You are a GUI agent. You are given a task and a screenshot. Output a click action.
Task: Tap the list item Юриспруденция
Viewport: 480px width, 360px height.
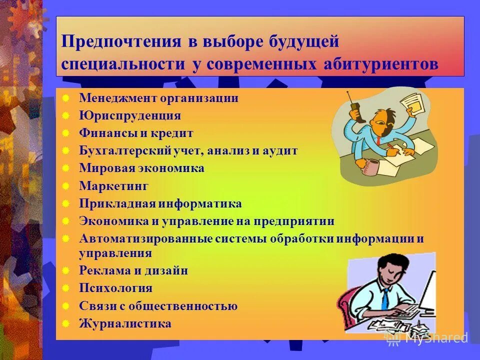(129, 116)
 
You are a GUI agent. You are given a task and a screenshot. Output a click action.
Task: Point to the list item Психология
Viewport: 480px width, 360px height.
(115, 288)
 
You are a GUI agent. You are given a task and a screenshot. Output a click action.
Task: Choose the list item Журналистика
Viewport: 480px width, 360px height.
(125, 323)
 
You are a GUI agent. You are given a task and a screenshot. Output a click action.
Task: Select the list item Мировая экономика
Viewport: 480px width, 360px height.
(141, 168)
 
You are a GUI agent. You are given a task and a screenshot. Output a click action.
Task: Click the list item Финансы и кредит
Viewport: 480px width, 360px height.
(136, 133)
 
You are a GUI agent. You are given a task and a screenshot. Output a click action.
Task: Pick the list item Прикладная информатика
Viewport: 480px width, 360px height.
(160, 204)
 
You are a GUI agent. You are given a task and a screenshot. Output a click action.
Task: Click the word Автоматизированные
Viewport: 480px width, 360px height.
(146, 238)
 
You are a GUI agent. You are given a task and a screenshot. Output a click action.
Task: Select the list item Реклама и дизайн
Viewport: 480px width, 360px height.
(133, 270)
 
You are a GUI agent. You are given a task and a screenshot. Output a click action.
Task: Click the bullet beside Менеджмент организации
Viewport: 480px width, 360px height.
(65, 98)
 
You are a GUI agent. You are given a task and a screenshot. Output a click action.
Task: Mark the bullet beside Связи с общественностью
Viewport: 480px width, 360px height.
(65, 306)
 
